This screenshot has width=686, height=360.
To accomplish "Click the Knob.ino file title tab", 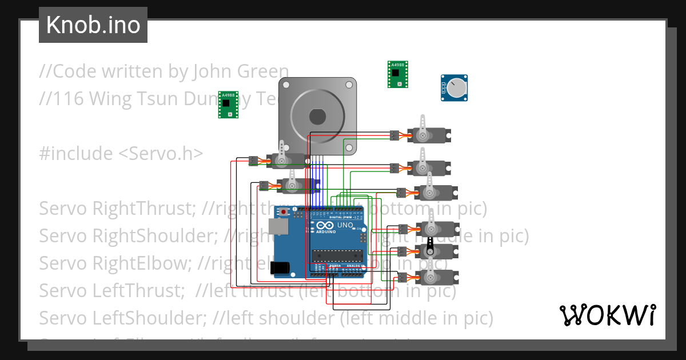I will [x=93, y=25].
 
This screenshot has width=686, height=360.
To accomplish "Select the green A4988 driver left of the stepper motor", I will [x=228, y=105].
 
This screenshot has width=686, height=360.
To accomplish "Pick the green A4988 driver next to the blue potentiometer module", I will [x=397, y=74].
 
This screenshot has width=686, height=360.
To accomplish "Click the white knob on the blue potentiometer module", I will [x=457, y=87].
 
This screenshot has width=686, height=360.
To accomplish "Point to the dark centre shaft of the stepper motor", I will [x=317, y=117].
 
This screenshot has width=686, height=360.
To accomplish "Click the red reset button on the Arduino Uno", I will [x=284, y=212].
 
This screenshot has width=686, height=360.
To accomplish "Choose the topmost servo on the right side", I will [x=429, y=135].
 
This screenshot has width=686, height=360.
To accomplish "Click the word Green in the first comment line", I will [x=260, y=71].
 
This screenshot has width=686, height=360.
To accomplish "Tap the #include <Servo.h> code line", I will [x=121, y=154].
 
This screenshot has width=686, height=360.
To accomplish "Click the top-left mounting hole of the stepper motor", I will [x=286, y=85].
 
